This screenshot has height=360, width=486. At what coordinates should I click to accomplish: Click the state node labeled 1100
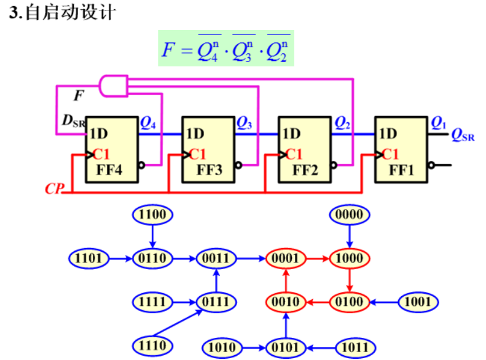pos(153,214)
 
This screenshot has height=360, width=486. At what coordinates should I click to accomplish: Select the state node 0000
pos(350,214)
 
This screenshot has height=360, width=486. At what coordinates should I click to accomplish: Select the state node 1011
pos(355,347)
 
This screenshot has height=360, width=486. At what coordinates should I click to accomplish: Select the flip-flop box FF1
pos(402,150)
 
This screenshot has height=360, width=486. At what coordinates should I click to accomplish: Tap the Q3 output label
pos(245,123)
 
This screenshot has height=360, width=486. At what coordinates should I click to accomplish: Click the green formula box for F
pos(225,49)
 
